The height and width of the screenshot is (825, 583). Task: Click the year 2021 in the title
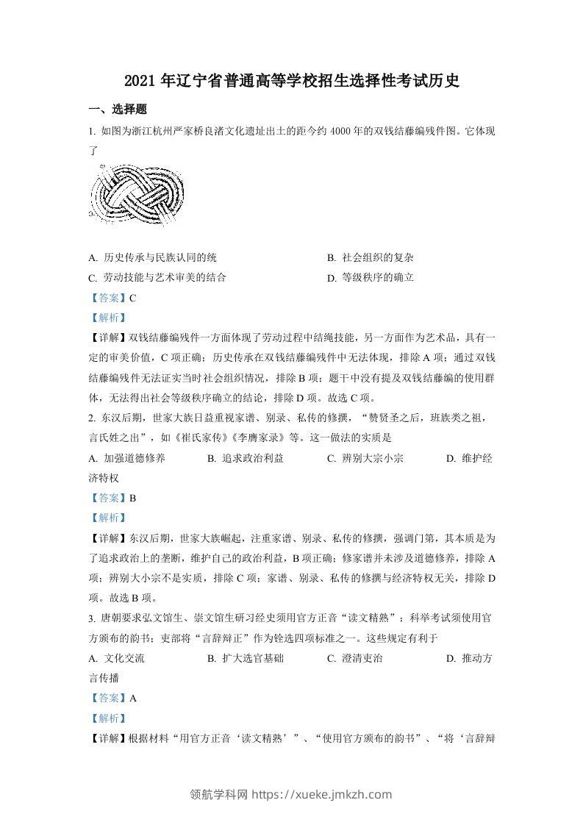[x=137, y=81]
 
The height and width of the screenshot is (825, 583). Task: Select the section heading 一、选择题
[x=118, y=110]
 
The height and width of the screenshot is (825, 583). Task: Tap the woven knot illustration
[x=138, y=196]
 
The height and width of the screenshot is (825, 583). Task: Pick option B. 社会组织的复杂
[x=371, y=258]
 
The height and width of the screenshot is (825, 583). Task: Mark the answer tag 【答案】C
[x=112, y=298]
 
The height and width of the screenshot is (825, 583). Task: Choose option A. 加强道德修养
[x=126, y=458]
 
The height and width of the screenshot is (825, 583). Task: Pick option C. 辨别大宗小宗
[x=365, y=458]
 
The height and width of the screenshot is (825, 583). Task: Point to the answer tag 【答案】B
[x=112, y=498]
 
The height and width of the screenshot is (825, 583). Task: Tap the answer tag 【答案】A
[x=112, y=698]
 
